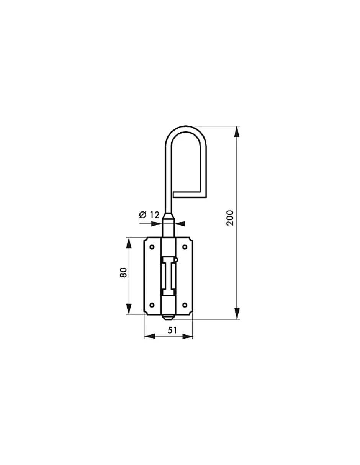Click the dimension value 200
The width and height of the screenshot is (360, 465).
click(230, 218)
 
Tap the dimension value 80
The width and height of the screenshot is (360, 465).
click(123, 272)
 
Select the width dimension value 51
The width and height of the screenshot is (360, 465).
click(172, 330)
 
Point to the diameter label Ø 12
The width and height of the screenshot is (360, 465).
click(149, 214)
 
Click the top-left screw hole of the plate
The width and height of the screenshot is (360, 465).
click(152, 247)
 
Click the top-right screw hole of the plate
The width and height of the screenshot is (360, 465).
click(185, 247)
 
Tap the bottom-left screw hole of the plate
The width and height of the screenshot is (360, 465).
click(152, 305)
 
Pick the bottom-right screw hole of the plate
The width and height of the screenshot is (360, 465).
click(185, 305)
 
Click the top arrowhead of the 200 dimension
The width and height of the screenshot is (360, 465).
click(237, 131)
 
